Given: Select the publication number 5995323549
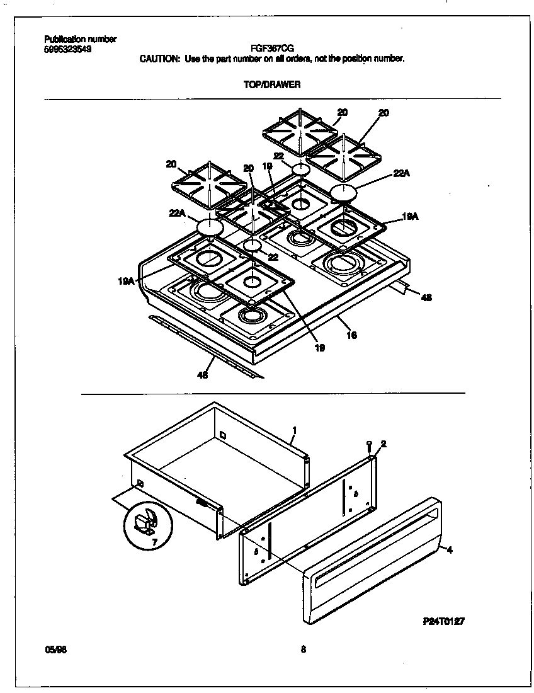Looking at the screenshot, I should (x=67, y=49).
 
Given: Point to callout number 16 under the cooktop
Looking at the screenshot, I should (x=351, y=336).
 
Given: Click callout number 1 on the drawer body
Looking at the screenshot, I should (x=294, y=430).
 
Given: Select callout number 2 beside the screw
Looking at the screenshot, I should (x=383, y=444).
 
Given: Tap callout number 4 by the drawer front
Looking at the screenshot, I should (x=449, y=550).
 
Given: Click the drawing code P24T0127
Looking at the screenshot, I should (x=443, y=621).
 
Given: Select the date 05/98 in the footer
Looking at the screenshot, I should (x=56, y=650).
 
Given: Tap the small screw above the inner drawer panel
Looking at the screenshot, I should (x=370, y=447).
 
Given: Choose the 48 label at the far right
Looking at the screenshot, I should (x=426, y=298).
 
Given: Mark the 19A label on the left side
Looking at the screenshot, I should (x=125, y=282).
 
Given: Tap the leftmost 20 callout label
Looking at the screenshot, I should (x=171, y=164).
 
